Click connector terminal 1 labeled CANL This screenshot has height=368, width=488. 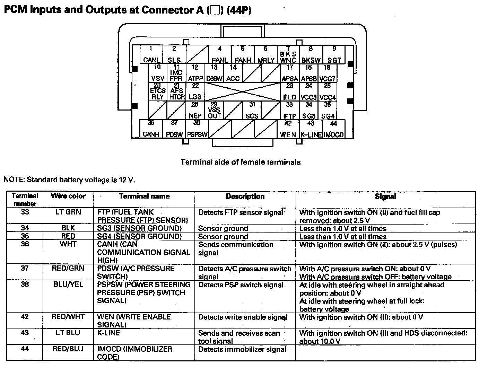(x=151, y=55)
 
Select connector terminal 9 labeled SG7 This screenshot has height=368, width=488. (x=334, y=55)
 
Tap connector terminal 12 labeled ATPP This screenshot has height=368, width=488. (x=195, y=73)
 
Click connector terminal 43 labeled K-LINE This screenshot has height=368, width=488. (x=311, y=129)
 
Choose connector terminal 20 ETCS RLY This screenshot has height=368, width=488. (x=158, y=91)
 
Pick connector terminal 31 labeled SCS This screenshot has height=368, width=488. (x=252, y=111)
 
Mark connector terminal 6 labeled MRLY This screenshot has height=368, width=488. (x=266, y=55)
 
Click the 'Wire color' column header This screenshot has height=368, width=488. (x=68, y=196)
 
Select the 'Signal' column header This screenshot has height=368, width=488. (x=385, y=196)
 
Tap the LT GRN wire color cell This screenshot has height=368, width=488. (x=68, y=212)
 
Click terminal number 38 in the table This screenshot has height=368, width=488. (x=25, y=284)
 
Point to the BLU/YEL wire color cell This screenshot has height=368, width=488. (x=68, y=284)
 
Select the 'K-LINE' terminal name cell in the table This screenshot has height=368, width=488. (x=108, y=333)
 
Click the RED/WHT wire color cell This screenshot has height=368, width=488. (x=68, y=317)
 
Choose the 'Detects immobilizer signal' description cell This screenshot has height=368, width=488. (x=242, y=349)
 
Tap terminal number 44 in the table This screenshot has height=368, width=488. (x=25, y=349)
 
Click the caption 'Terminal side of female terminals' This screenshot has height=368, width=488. (x=241, y=162)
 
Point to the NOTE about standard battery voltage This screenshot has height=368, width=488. (x=69, y=179)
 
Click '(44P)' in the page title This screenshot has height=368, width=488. (x=239, y=10)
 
